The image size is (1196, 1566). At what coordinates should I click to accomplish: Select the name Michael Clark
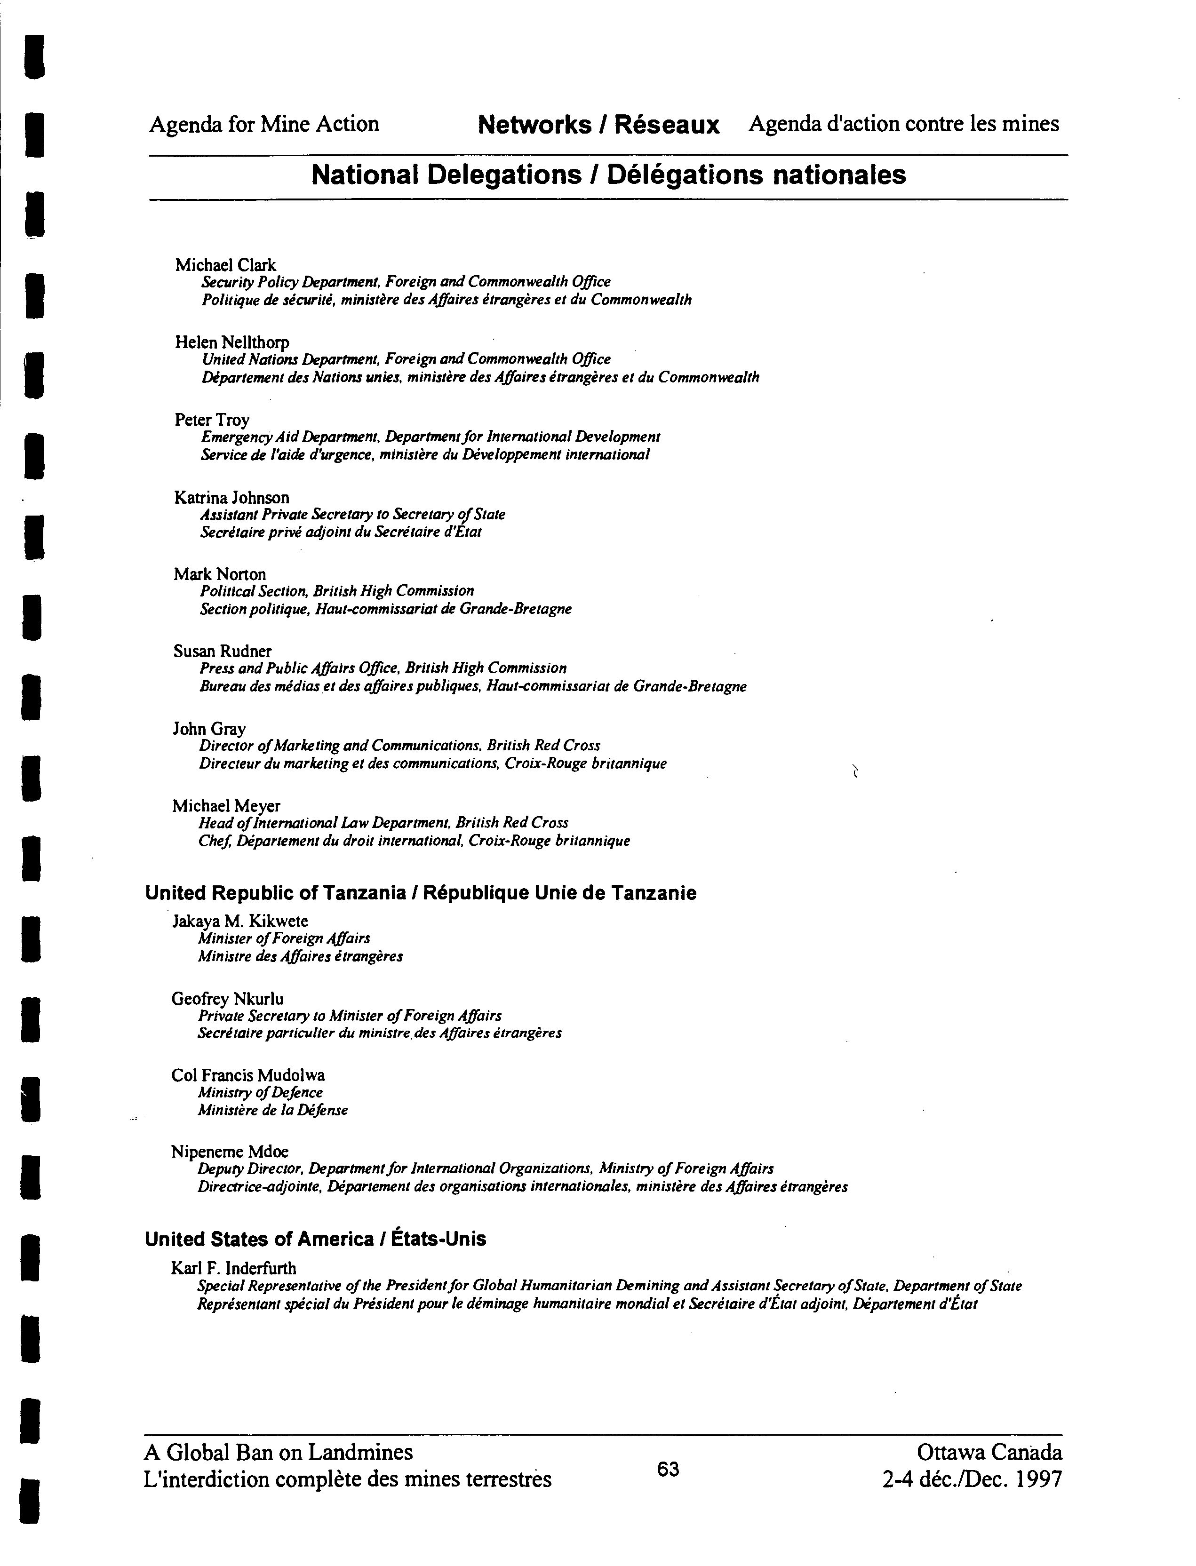point(225,265)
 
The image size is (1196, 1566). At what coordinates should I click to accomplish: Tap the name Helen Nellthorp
point(232,342)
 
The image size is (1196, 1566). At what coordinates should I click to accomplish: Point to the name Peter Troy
point(211,420)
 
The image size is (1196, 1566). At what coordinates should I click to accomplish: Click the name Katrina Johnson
point(231,498)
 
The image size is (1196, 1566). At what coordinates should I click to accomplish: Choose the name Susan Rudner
point(222,652)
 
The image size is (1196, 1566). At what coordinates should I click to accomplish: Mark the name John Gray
point(209,729)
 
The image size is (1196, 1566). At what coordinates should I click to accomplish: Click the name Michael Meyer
point(226,806)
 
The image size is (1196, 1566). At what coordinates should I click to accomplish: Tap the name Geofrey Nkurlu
point(227,999)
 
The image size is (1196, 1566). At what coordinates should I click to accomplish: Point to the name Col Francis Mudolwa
point(248,1075)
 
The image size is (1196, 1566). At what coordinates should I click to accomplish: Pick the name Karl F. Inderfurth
point(233,1268)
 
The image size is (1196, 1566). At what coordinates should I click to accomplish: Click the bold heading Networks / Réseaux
point(598,125)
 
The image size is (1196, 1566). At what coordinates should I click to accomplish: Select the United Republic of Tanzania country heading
point(420,893)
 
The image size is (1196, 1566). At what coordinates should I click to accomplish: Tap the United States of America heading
point(315,1239)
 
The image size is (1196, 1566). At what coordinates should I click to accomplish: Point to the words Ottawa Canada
point(989,1452)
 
